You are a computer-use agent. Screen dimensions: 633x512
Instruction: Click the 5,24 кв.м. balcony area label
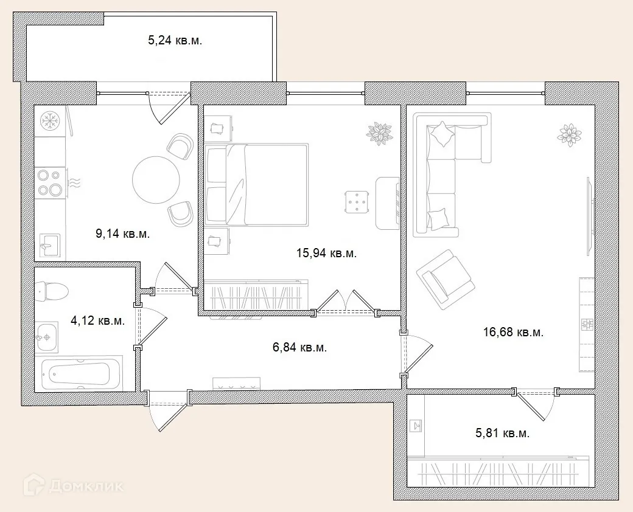pyautogui.click(x=175, y=40)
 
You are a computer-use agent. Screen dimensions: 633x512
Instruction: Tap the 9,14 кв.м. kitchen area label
pyautogui.click(x=123, y=234)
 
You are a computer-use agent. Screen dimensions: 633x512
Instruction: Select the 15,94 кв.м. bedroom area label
pyautogui.click(x=327, y=254)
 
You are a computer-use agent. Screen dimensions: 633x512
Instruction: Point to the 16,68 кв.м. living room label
pyautogui.click(x=513, y=332)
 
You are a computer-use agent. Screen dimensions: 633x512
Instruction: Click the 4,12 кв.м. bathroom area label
pyautogui.click(x=98, y=320)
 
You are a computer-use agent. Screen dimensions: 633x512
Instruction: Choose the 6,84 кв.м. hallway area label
pyautogui.click(x=300, y=347)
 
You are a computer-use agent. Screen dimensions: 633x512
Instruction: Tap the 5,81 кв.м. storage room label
pyautogui.click(x=503, y=434)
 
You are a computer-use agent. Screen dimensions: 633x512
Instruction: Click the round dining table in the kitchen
pyautogui.click(x=156, y=179)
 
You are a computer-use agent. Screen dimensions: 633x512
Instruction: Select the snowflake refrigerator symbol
pyautogui.click(x=50, y=120)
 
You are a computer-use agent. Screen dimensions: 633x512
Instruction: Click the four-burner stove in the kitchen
pyautogui.click(x=50, y=182)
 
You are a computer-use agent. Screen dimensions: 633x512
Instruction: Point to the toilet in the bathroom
pyautogui.click(x=51, y=291)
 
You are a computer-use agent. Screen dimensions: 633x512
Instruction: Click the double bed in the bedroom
pyautogui.click(x=256, y=184)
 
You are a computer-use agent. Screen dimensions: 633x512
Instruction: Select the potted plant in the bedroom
pyautogui.click(x=379, y=133)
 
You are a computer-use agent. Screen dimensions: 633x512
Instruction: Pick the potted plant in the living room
pyautogui.click(x=570, y=134)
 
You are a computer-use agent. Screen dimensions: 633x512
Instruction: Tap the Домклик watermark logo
pyautogui.click(x=73, y=485)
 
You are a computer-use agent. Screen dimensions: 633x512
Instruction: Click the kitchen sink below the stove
pyautogui.click(x=50, y=244)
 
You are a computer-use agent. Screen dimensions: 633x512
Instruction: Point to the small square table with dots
pyautogui.click(x=357, y=202)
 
